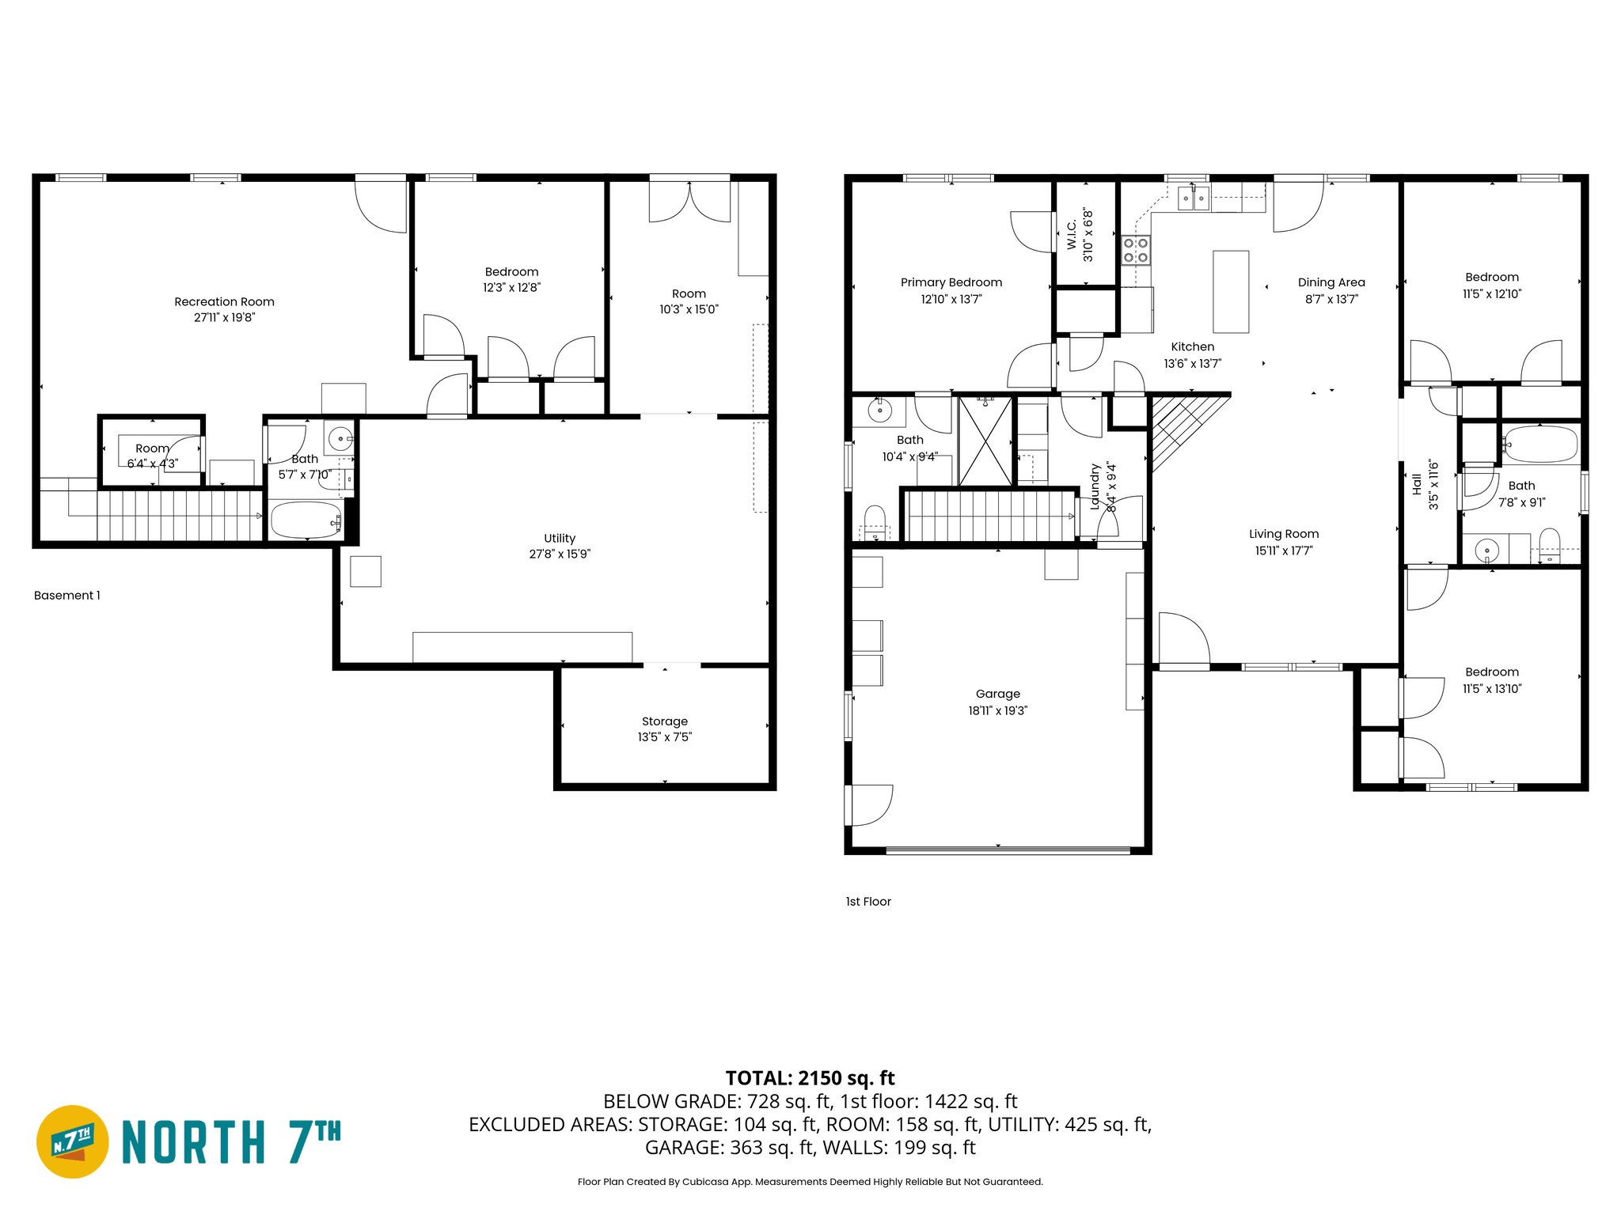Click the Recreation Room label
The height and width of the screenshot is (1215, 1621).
[224, 301]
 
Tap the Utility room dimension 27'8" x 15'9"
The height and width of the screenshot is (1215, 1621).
[560, 554]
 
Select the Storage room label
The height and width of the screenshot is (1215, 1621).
[664, 721]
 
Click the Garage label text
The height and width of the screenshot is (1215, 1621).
[997, 694]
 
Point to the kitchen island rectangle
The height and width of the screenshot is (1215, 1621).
[1231, 292]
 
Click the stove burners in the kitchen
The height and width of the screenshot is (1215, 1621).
[1136, 251]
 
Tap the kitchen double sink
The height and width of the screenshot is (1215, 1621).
[1194, 198]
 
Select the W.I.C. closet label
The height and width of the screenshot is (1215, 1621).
[1072, 235]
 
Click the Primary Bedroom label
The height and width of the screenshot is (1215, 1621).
[951, 282]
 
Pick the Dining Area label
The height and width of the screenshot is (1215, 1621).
[1331, 282]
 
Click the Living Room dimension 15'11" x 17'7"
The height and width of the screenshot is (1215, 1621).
[1283, 551]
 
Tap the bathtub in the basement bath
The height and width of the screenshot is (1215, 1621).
[306, 520]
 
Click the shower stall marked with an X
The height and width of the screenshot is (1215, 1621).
[985, 441]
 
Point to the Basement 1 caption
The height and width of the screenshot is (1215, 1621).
[67, 596]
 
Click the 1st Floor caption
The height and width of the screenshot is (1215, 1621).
[868, 902]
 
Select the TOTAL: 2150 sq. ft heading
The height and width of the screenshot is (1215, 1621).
[810, 1078]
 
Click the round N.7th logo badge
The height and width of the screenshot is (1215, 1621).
[73, 1141]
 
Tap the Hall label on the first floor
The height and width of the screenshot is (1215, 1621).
[1416, 485]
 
